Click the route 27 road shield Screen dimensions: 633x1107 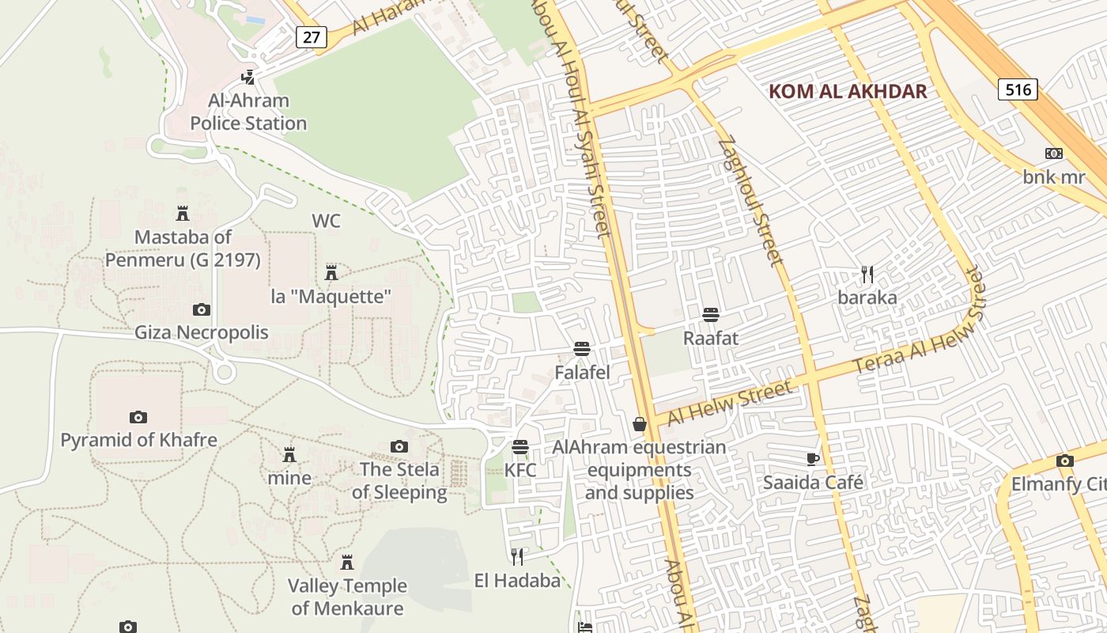(312, 36)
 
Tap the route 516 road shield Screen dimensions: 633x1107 (1018, 89)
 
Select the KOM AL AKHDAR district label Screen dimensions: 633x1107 (848, 91)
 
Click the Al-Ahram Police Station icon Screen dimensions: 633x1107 (248, 77)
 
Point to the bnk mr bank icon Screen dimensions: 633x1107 (1054, 154)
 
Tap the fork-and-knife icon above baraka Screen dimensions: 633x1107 (867, 275)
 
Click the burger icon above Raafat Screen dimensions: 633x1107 (710, 315)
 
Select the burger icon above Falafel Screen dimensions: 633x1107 (582, 349)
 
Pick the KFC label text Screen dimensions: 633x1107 (520, 470)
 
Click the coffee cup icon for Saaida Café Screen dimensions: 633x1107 (813, 459)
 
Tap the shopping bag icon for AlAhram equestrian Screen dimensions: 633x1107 (640, 425)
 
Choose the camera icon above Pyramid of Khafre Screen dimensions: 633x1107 (138, 417)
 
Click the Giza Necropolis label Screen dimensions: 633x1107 (202, 332)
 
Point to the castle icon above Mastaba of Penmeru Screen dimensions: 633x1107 (183, 213)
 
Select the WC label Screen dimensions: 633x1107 (326, 221)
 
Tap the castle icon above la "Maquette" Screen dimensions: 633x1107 (331, 273)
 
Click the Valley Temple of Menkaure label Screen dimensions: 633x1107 (347, 597)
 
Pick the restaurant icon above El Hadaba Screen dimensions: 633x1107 (517, 557)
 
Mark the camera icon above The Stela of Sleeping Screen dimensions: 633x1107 (399, 447)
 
